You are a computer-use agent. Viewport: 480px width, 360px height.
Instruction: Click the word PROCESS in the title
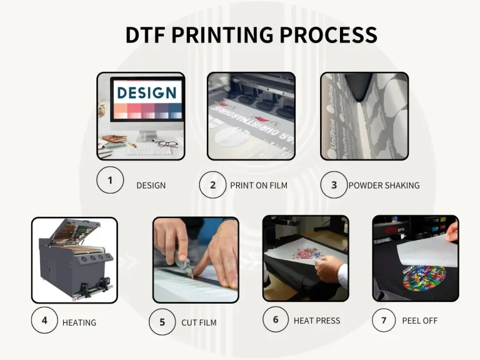point(329,34)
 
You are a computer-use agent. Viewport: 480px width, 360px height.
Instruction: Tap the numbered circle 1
point(110,181)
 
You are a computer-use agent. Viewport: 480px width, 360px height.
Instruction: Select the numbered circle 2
point(212,185)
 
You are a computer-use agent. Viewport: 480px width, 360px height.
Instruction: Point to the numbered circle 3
point(334,185)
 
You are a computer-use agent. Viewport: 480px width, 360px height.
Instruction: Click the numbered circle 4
point(44,321)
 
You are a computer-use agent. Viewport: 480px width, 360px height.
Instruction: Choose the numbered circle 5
point(162,322)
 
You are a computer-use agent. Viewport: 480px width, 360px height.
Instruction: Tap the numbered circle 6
point(276,319)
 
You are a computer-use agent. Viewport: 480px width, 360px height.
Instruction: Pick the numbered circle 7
point(384,321)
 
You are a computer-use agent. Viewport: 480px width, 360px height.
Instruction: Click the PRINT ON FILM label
point(259,186)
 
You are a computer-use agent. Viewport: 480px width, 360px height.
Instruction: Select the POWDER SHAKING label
point(384,186)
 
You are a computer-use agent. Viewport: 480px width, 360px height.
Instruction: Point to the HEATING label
point(79,323)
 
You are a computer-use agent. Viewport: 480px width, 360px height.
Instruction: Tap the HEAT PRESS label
point(317,321)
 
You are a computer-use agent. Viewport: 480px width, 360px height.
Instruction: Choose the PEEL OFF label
point(420,321)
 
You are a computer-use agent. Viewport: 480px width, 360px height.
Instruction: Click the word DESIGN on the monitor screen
point(147,93)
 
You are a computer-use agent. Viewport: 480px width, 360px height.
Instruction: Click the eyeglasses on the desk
point(167,144)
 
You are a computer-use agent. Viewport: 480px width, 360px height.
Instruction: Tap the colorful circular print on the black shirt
point(424,277)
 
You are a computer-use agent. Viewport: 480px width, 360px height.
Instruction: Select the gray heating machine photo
point(74,259)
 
